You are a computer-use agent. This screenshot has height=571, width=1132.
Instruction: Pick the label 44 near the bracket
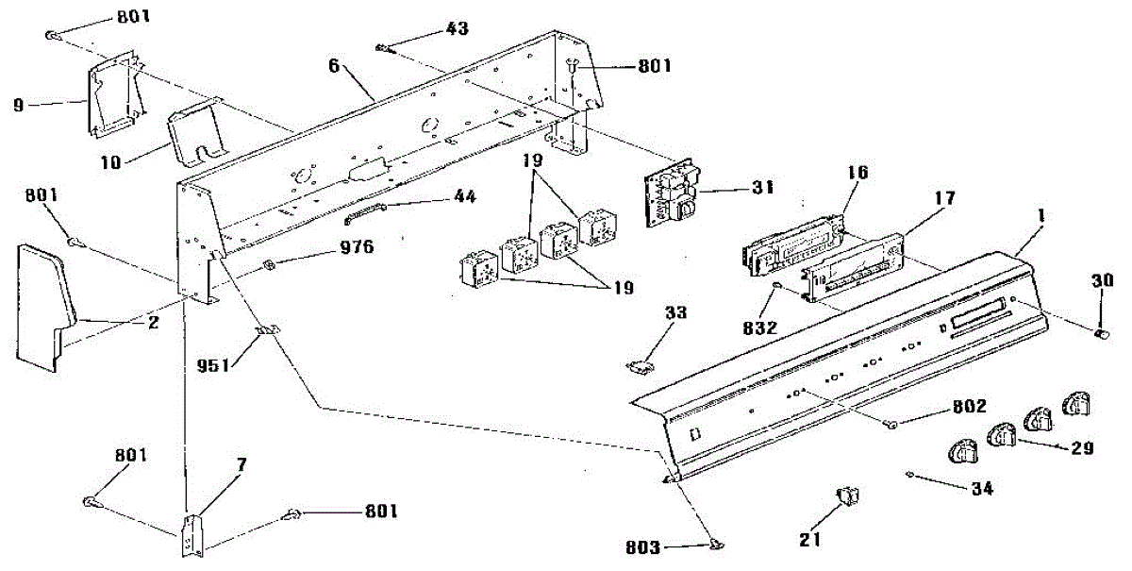tap(465, 197)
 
